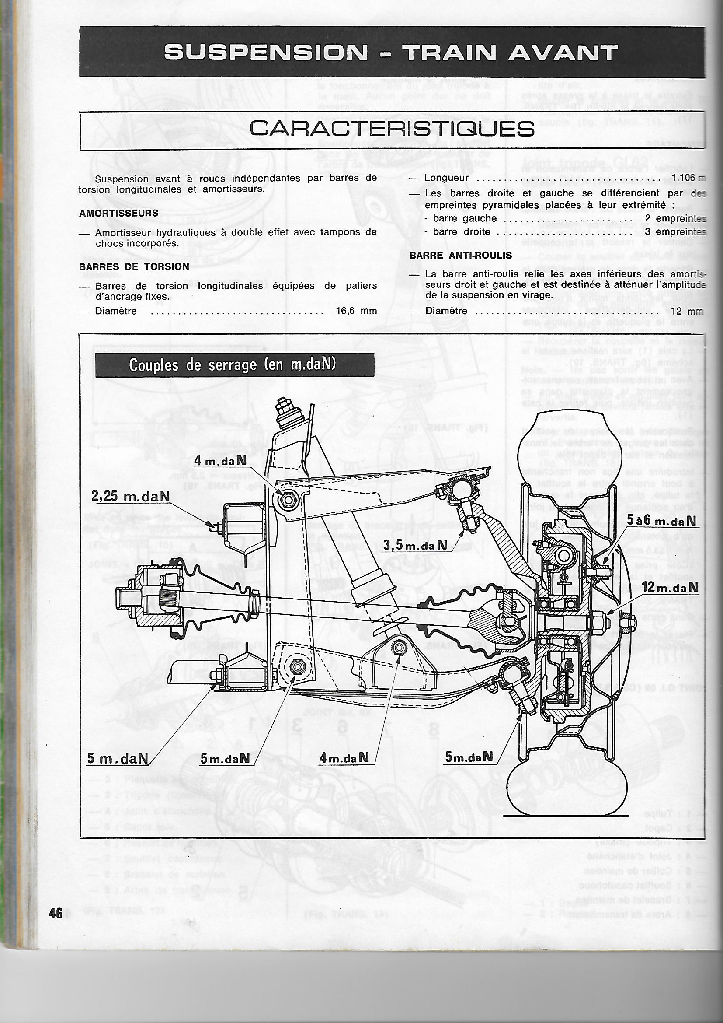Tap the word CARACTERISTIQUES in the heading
392,129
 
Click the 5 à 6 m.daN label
661,520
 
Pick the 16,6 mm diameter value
357,311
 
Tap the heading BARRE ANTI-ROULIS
461,255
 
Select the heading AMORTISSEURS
119,213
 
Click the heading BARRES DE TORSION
134,266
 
